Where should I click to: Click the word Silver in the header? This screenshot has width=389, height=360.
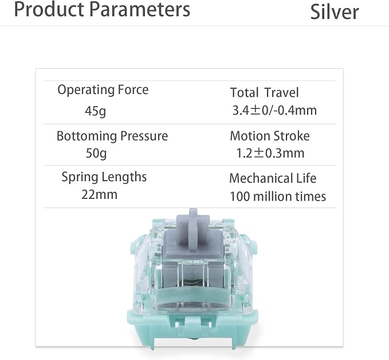click(335, 12)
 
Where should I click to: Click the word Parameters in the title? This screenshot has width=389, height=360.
click(139, 9)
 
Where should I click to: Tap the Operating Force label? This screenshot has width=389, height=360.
click(103, 90)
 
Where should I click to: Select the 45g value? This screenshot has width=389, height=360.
click(95, 111)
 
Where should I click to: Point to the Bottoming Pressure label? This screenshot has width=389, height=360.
click(112, 136)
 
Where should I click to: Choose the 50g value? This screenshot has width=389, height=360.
click(96, 153)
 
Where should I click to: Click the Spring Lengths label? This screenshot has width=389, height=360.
click(104, 177)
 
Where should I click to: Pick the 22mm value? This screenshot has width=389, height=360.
click(99, 195)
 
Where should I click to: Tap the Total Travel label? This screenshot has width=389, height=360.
click(264, 93)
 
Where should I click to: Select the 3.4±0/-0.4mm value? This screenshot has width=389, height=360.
click(274, 111)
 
